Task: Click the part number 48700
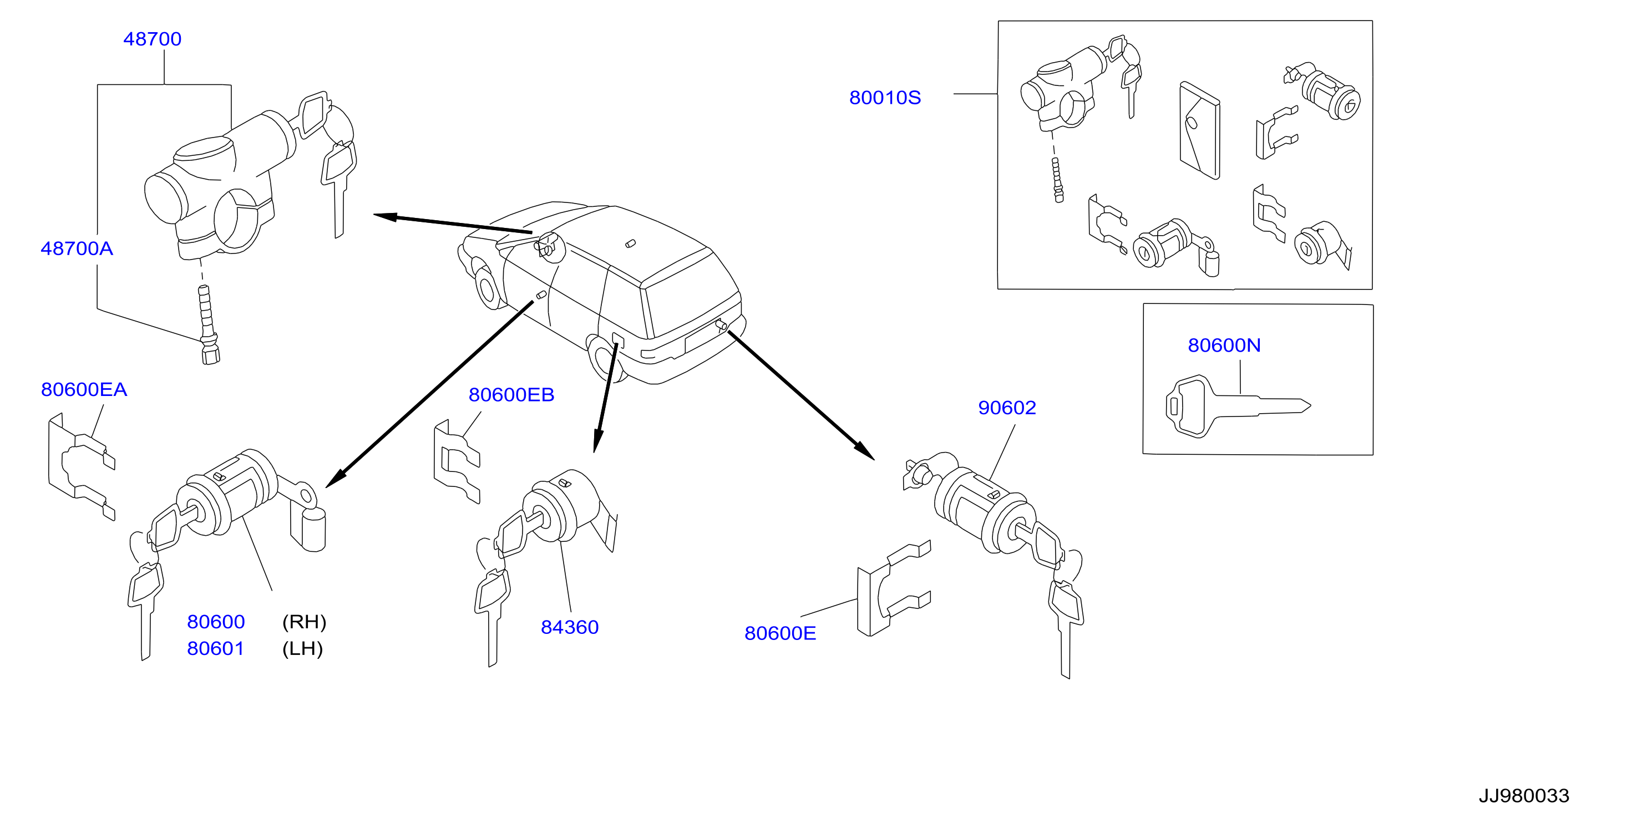point(152,39)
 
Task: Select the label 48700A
point(77,248)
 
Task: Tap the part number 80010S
point(885,98)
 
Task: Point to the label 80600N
point(1224,346)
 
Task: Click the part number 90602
point(1007,408)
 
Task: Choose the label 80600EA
point(84,389)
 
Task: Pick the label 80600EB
point(511,395)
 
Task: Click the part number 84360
point(570,627)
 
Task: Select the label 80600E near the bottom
point(780,633)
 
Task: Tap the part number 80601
point(215,648)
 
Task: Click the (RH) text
point(304,622)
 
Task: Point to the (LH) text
point(303,648)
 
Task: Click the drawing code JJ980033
point(1524,796)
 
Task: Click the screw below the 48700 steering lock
point(206,324)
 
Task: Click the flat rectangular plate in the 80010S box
point(1199,130)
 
